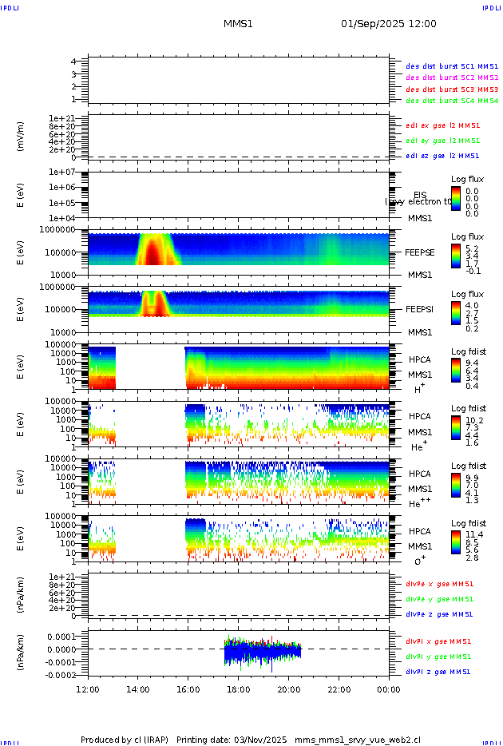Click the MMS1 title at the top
tap(238, 24)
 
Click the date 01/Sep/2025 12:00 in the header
tap(388, 24)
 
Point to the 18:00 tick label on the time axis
tap(238, 689)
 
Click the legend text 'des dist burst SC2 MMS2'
tap(452, 77)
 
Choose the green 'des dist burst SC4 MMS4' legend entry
tap(452, 101)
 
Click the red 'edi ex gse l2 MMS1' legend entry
tap(442, 125)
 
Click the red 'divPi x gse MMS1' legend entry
tap(438, 641)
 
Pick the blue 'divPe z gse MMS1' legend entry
tap(438, 615)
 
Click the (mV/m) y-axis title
tap(21, 137)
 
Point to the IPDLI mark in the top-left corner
tap(10, 7)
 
